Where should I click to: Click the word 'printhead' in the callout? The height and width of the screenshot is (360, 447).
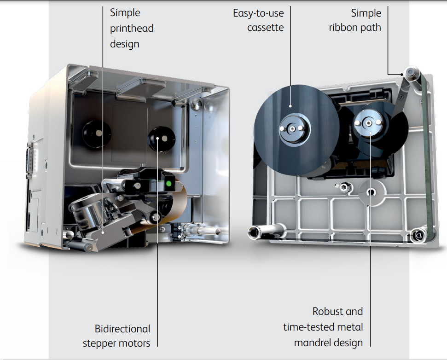132,29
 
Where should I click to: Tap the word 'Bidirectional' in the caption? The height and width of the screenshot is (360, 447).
122,329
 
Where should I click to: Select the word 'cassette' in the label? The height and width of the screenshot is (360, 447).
265,27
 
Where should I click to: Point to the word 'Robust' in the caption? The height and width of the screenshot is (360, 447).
327,312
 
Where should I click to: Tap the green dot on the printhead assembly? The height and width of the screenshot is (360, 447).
169,184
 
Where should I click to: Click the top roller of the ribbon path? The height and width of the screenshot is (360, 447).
410,72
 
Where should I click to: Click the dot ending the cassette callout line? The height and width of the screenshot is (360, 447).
290,105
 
